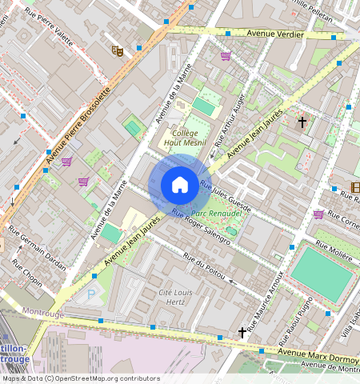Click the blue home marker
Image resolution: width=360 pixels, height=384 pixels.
pyautogui.click(x=180, y=185)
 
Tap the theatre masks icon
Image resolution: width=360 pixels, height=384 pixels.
pyautogui.click(x=118, y=51)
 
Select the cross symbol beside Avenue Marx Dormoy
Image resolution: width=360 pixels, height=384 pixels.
pyautogui.click(x=242, y=331)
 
